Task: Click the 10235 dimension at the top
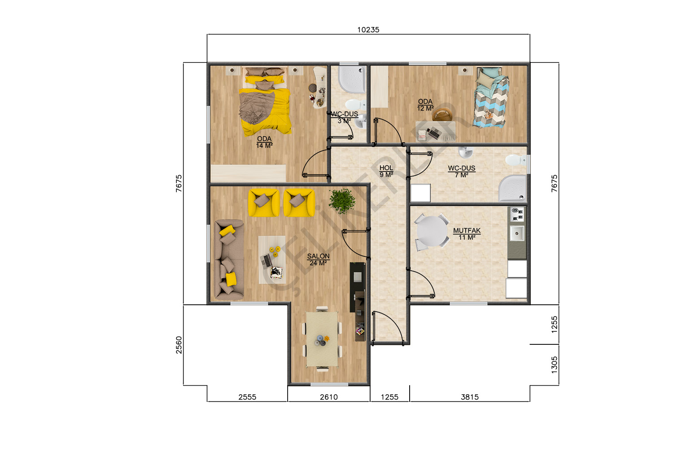point(368,30)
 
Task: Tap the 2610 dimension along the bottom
point(329,397)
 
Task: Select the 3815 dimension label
point(470,397)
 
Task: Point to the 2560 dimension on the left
point(179,345)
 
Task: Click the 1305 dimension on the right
point(554,365)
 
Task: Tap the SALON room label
point(318,256)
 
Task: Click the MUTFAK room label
point(467,231)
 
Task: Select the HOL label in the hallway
point(386,168)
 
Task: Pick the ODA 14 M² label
point(264,142)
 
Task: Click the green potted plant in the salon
point(342,201)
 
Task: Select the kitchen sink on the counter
point(517,233)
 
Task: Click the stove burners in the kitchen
point(517,214)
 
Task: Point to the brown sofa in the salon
point(229,260)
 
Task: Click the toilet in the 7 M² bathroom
point(516,160)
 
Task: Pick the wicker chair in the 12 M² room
point(442,114)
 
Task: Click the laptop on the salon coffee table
point(266,260)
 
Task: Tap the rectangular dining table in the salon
point(322,339)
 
